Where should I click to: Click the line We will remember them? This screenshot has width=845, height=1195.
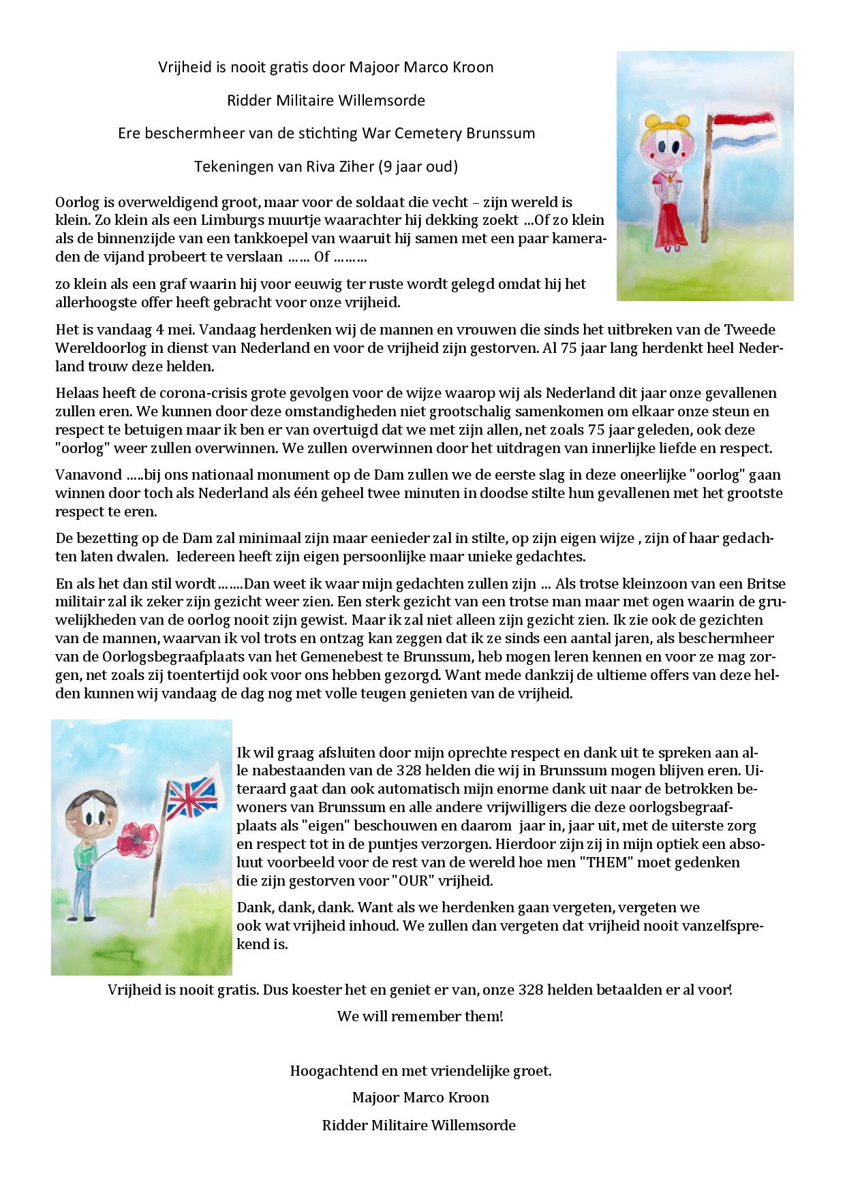coord(420,1016)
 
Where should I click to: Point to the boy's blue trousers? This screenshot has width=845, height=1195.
coord(82,902)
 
